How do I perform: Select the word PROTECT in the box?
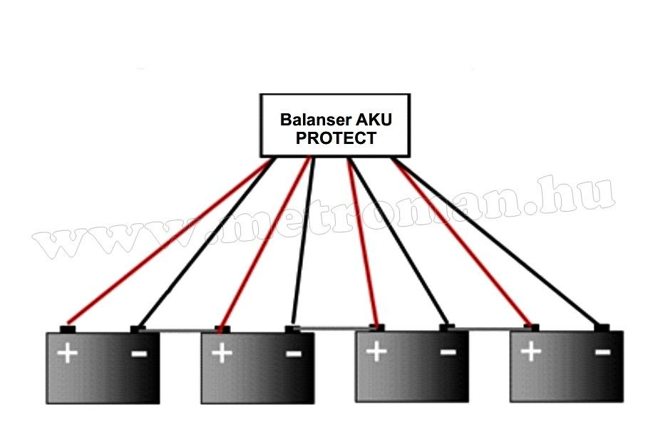pyautogui.click(x=335, y=138)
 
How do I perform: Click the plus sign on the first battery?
pyautogui.click(x=68, y=353)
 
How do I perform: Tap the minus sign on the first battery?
pyautogui.click(x=139, y=353)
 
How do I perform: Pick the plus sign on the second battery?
pyautogui.click(x=222, y=353)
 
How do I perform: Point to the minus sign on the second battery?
pyautogui.click(x=293, y=353)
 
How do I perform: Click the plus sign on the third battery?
pyautogui.click(x=376, y=351)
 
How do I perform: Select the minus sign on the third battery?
pyautogui.click(x=448, y=351)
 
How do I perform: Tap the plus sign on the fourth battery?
pyautogui.click(x=530, y=351)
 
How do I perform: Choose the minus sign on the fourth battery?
pyautogui.click(x=602, y=351)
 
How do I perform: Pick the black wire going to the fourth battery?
pyautogui.click(x=499, y=242)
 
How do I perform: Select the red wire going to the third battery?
pyautogui.click(x=362, y=242)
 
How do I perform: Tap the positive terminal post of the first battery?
pyautogui.click(x=67, y=329)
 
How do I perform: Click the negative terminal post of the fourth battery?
pyautogui.click(x=602, y=327)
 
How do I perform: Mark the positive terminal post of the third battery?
pyautogui.click(x=376, y=327)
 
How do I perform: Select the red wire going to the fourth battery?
pyautogui.click(x=463, y=242)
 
